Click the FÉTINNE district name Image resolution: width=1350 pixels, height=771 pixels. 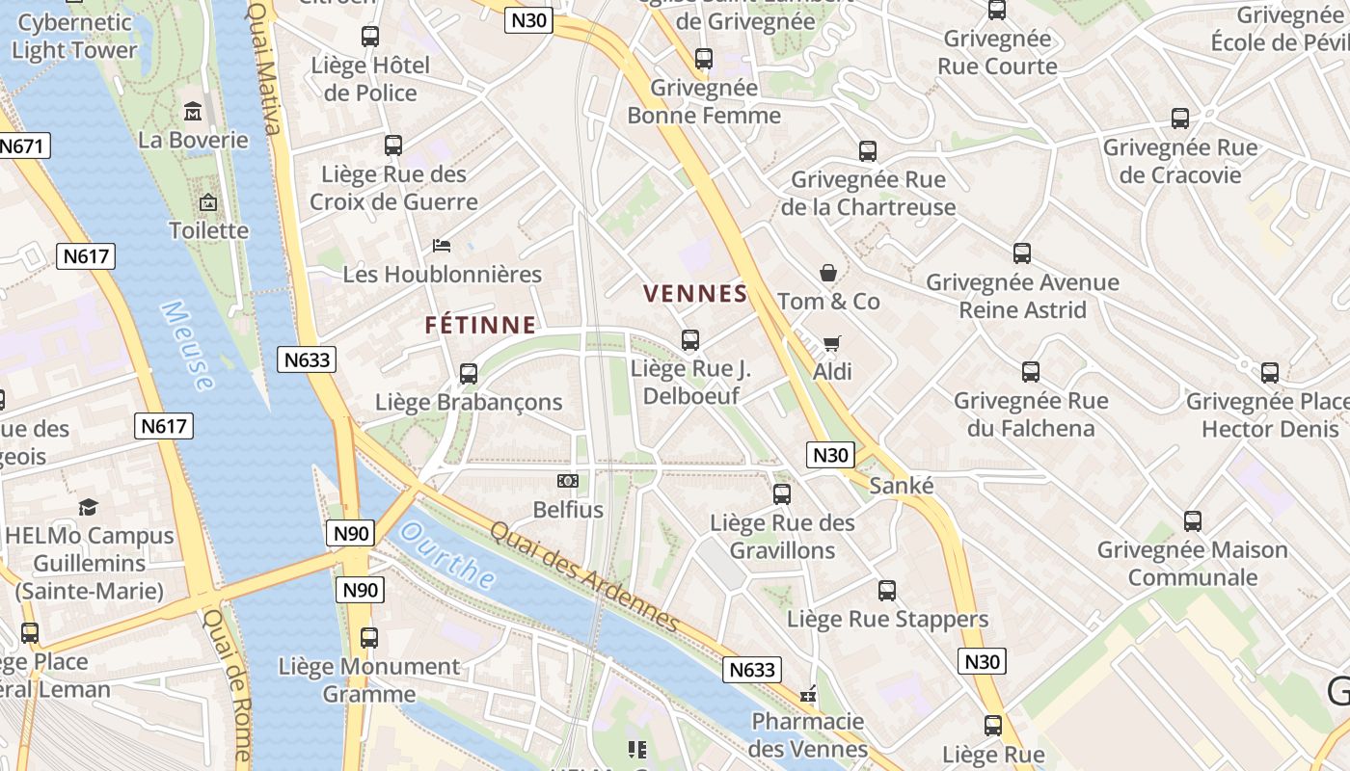(x=480, y=326)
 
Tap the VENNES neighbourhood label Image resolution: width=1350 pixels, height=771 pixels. (x=695, y=294)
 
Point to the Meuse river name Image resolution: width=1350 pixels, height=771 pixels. (x=187, y=345)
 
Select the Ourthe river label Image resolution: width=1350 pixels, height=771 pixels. (x=447, y=556)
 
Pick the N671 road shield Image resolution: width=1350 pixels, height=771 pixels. (x=22, y=146)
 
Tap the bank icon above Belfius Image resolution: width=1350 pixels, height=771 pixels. (x=568, y=480)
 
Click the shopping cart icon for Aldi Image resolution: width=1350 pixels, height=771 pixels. (x=831, y=343)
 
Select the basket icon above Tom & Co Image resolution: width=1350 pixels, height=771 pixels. (x=827, y=273)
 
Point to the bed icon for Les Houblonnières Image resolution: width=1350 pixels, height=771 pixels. (x=442, y=246)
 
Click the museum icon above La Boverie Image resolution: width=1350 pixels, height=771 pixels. (x=193, y=112)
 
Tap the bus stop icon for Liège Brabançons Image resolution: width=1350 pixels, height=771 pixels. (x=469, y=373)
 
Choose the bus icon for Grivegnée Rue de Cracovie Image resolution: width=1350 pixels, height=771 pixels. (x=1179, y=119)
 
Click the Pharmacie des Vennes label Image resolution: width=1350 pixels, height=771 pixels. (x=807, y=734)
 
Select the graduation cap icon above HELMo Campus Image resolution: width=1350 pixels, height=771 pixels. (x=88, y=507)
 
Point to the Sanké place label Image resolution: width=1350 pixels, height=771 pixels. (x=902, y=486)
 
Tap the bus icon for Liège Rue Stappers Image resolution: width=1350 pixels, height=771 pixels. (x=887, y=591)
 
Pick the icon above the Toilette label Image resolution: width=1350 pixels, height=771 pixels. (x=207, y=202)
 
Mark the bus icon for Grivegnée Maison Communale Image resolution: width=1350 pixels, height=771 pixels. (x=1192, y=521)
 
